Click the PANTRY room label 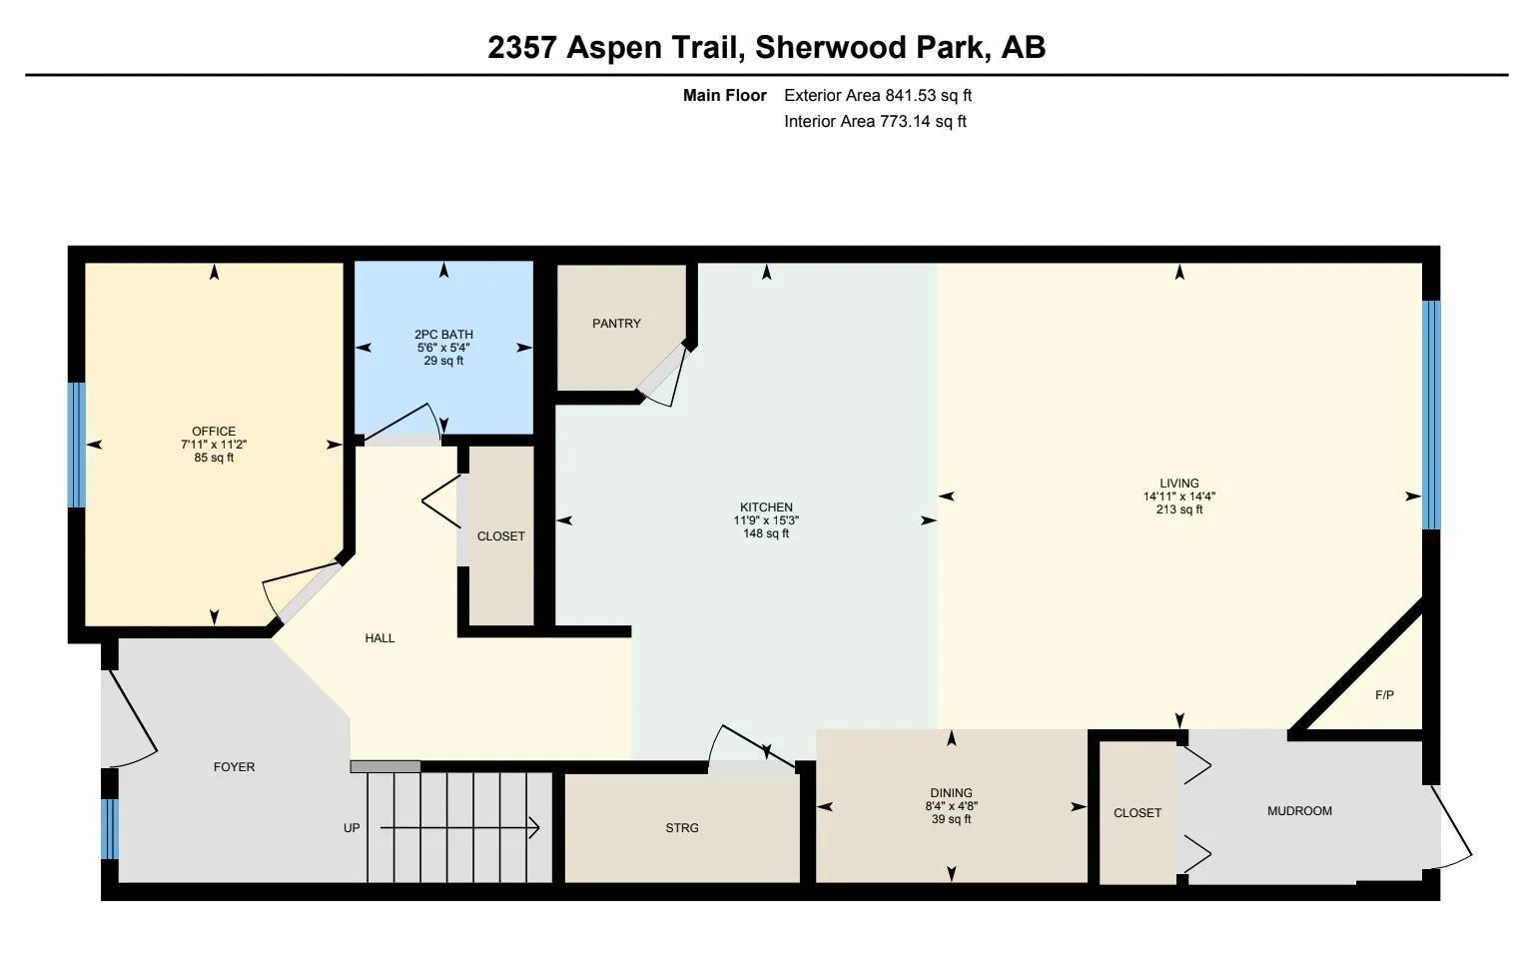[x=616, y=324]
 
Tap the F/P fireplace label [x=1384, y=695]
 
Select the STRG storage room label [x=682, y=828]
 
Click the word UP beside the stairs [x=352, y=828]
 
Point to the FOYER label [x=234, y=767]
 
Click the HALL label [x=380, y=638]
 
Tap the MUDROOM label [x=1299, y=811]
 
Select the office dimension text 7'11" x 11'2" [x=214, y=445]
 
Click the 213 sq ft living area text [x=1179, y=509]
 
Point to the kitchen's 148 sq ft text [x=766, y=533]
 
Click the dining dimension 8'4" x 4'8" [x=951, y=806]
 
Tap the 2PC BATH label [x=443, y=335]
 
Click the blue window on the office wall [x=76, y=445]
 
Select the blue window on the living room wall [x=1431, y=415]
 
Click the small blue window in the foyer [x=110, y=828]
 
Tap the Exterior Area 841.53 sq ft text [x=877, y=96]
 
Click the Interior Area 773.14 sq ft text [x=875, y=122]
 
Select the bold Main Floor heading [x=724, y=96]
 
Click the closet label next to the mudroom [x=1138, y=813]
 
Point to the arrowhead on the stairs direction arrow [x=534, y=828]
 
